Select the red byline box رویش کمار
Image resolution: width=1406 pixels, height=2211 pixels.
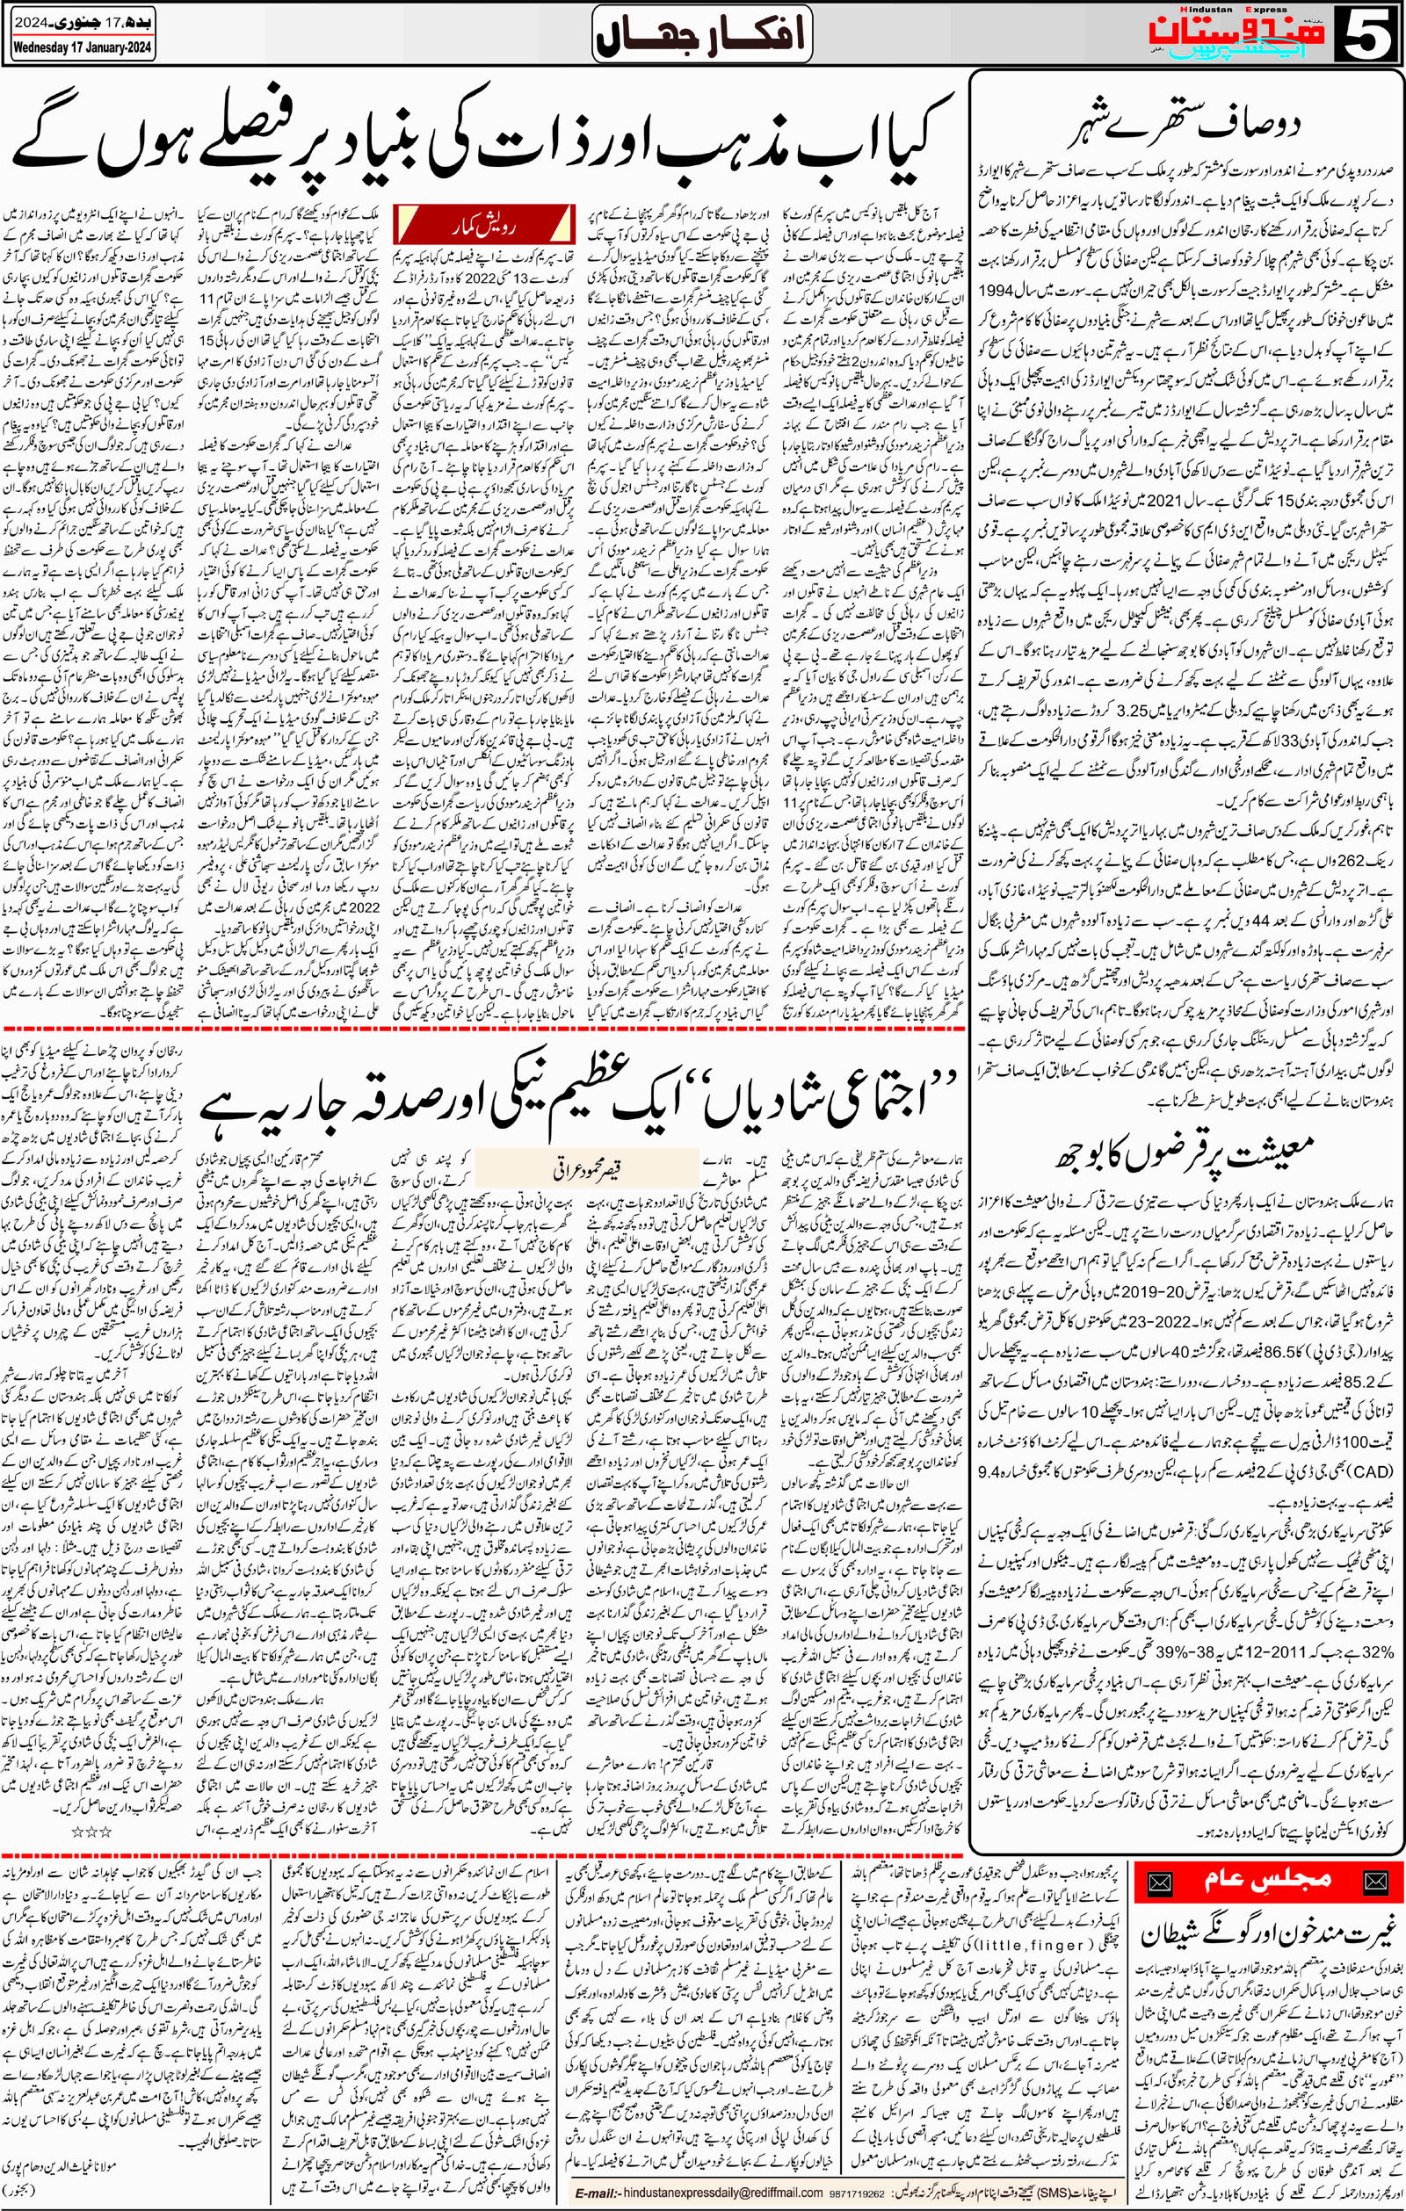(483, 223)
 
